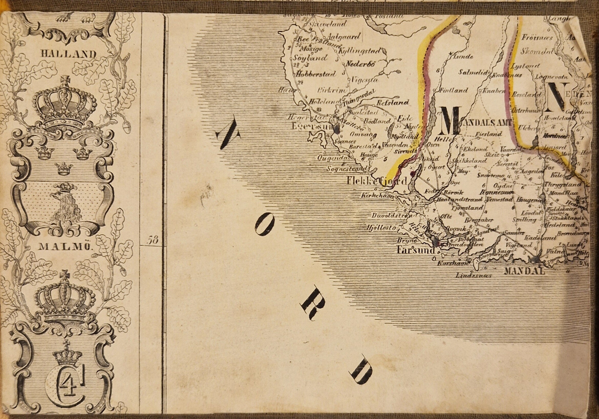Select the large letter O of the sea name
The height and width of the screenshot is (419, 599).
(264, 224)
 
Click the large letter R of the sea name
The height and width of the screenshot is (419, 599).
(313, 303)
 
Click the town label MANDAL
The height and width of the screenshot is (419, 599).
(525, 272)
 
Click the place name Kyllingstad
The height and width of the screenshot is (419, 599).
(360, 51)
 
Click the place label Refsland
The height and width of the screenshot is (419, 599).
(394, 102)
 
